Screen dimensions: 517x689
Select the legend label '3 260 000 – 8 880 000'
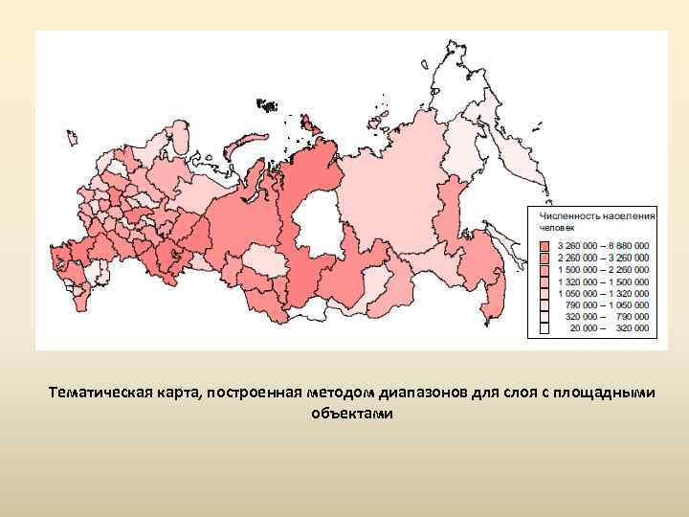[x=604, y=246]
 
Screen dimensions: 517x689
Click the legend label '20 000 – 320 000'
[x=610, y=327]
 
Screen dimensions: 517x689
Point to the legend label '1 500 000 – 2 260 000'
[x=604, y=269]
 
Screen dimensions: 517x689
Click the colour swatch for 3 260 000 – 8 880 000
[x=544, y=246]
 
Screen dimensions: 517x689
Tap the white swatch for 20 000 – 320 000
[x=544, y=327]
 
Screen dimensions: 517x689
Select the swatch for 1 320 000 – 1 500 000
[x=544, y=281]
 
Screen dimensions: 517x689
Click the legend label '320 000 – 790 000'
[x=610, y=316]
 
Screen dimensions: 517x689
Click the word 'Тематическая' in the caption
[x=100, y=393]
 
